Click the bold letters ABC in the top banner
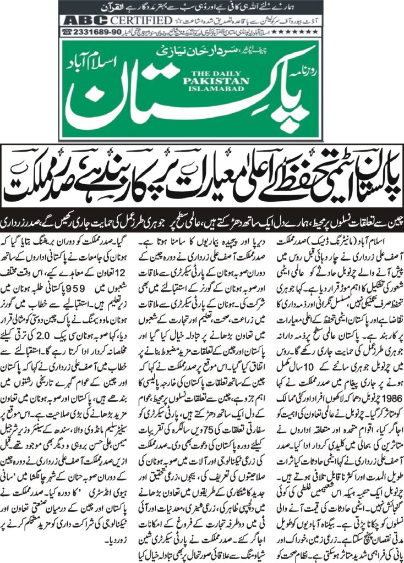click(x=79, y=21)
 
